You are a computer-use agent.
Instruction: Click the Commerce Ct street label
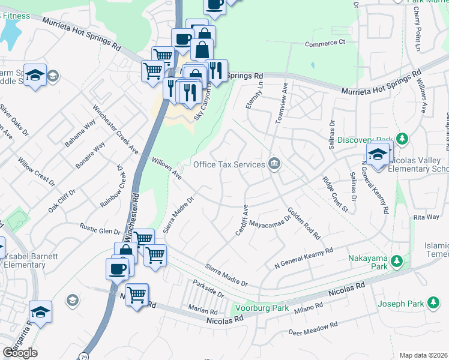[325, 43]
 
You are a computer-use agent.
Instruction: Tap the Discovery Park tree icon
[403, 140]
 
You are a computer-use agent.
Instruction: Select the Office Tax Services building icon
[274, 164]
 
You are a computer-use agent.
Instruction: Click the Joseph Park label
[400, 304]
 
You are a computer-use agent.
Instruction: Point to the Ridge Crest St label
[335, 194]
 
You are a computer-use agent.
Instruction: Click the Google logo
[20, 353]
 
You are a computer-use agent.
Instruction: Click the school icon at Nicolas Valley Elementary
[377, 154]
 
